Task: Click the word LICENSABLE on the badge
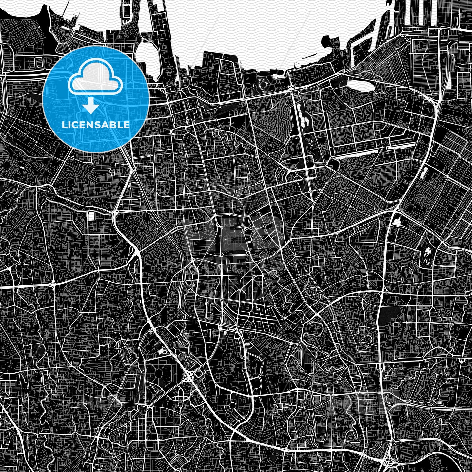(x=96, y=125)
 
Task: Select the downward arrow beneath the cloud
(x=91, y=106)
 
